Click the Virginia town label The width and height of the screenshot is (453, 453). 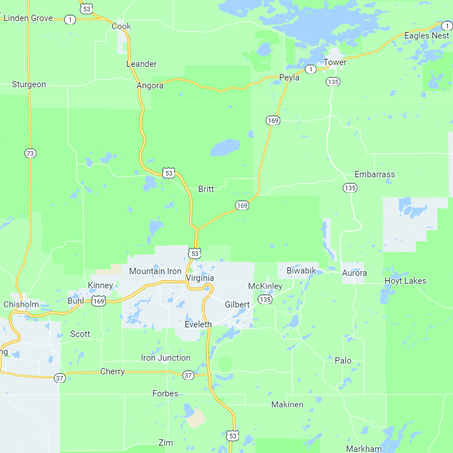(200, 278)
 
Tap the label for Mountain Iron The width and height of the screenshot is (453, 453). (155, 271)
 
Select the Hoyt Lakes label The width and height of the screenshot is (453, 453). (405, 281)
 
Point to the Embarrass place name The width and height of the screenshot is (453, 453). (374, 174)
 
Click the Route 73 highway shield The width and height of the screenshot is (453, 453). (31, 153)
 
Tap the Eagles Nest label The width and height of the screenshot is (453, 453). (426, 36)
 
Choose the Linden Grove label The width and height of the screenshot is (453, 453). (28, 18)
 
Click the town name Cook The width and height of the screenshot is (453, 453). (121, 26)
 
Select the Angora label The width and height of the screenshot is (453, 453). (150, 86)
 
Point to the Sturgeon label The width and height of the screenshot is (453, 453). (29, 84)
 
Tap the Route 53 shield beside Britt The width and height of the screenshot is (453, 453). (168, 173)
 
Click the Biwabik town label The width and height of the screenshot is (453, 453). (301, 270)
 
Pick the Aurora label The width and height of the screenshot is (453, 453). (354, 273)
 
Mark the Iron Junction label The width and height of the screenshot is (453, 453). (166, 358)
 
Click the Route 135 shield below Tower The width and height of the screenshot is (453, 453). (333, 82)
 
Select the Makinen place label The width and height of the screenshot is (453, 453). (287, 404)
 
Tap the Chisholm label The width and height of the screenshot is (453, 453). (22, 304)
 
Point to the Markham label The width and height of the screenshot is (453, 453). (364, 448)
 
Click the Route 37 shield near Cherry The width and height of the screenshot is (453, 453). (60, 378)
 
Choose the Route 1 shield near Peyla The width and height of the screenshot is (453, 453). (310, 69)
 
